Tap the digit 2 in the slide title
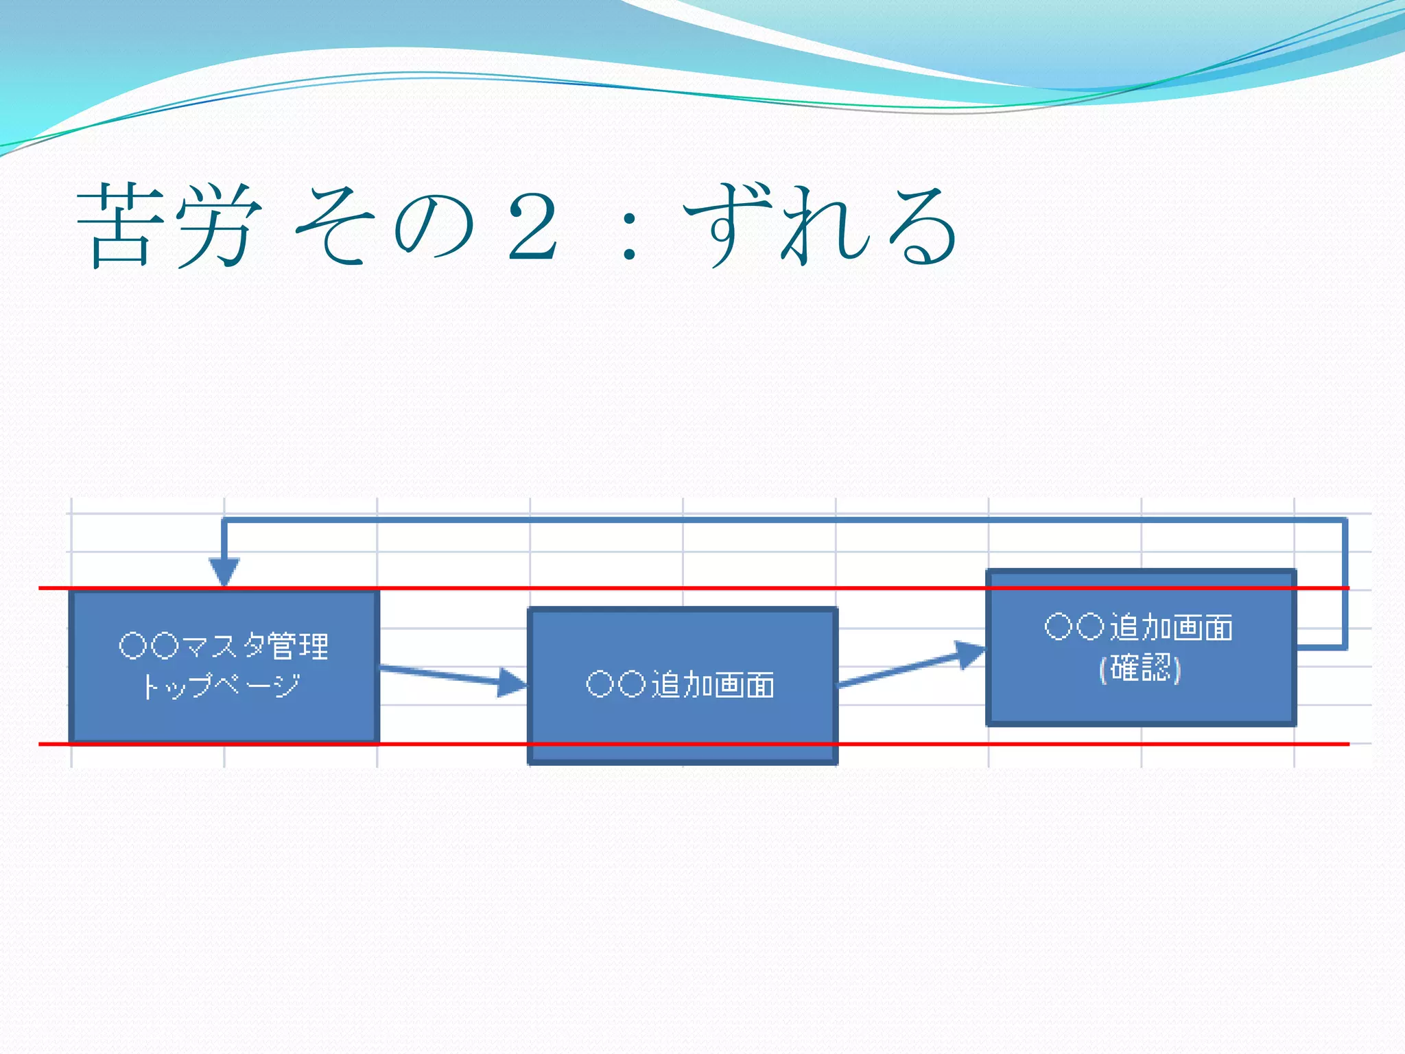532,226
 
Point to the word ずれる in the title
820,226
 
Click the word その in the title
384,226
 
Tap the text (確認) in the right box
1140,668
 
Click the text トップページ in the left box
222,685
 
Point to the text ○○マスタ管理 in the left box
224,646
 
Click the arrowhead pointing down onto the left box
224,572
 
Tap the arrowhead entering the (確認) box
970,653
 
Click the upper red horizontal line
686,588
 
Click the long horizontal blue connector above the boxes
755,520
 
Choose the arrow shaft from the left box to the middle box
439,674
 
